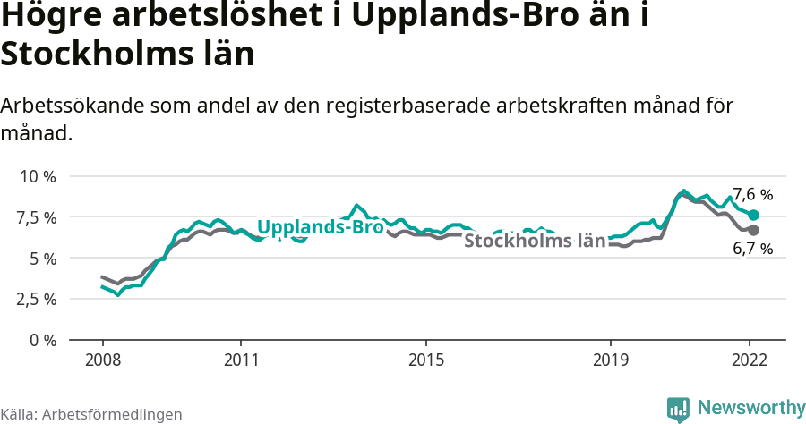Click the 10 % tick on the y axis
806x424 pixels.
point(37,176)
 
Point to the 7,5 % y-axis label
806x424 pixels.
point(37,217)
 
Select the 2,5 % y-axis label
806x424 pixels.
point(37,299)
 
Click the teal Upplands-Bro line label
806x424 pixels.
point(321,227)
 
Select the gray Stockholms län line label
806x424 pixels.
point(535,241)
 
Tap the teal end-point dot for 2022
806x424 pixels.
point(754,216)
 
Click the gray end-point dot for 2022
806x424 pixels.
point(754,230)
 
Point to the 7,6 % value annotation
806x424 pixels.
point(752,194)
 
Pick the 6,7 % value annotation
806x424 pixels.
point(752,250)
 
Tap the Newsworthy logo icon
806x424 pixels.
point(678,409)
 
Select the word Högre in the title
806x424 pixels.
point(53,17)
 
